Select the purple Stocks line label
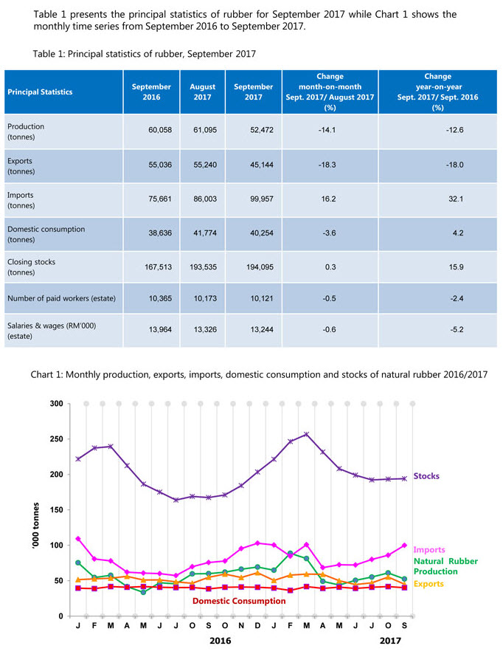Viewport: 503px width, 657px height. (426, 476)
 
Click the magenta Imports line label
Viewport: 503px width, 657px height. (430, 549)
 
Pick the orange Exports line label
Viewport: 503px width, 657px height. (429, 583)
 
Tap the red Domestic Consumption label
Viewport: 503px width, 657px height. (239, 601)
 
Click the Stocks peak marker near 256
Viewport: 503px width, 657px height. (306, 434)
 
